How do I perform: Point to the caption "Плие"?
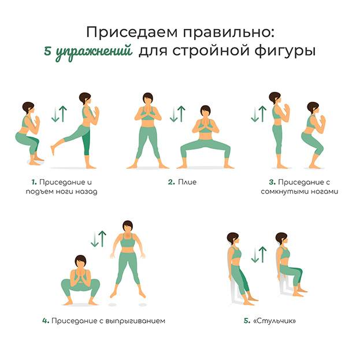click(187, 182)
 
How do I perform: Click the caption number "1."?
click(35, 182)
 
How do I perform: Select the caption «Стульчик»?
click(281, 320)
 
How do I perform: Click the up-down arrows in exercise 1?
click(59, 113)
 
